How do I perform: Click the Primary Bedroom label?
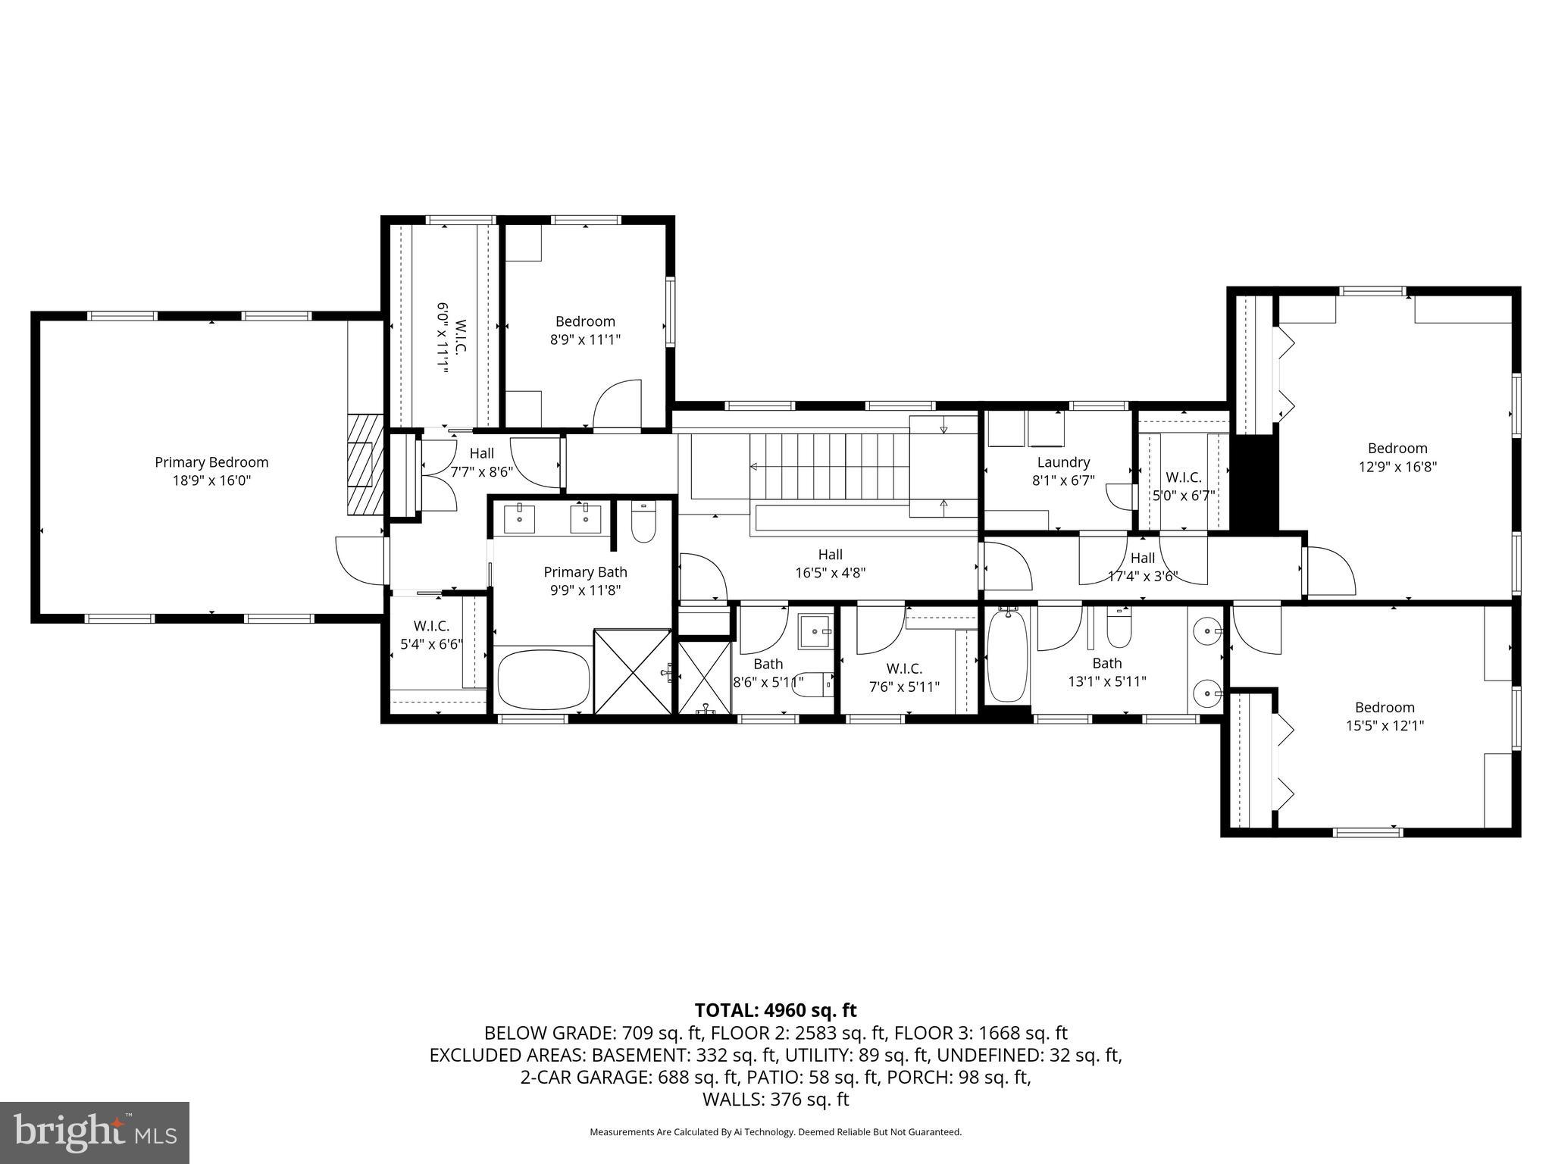click(x=211, y=462)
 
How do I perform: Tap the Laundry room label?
click(x=1063, y=462)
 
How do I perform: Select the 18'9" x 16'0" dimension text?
click(x=211, y=480)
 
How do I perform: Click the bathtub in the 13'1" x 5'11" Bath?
click(x=1006, y=656)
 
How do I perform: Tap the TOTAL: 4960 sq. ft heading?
click(x=775, y=1010)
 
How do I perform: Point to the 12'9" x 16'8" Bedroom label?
click(x=1397, y=449)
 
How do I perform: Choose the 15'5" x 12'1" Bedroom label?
click(x=1385, y=708)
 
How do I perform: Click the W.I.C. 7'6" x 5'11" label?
click(x=904, y=669)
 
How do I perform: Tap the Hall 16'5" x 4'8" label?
click(x=830, y=555)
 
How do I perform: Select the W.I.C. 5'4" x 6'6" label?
click(x=431, y=627)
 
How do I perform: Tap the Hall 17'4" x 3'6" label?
click(x=1143, y=559)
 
